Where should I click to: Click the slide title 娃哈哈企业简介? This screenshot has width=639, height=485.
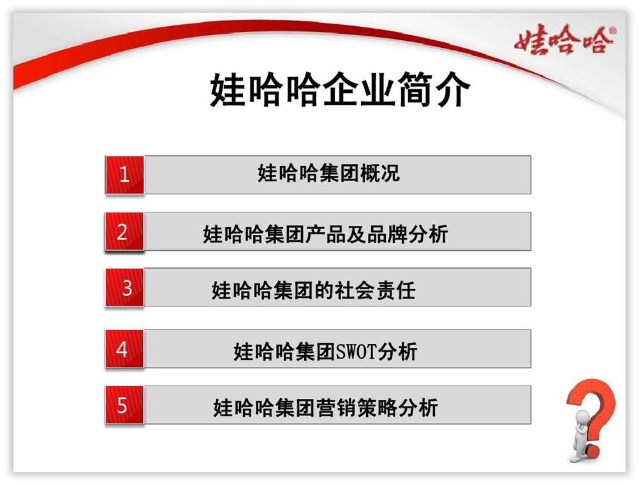339,91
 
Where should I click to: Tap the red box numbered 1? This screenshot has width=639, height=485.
125,174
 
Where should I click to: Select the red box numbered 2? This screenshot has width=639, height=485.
123,232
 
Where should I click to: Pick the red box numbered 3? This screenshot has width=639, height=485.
126,288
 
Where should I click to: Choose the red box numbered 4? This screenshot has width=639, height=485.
122,349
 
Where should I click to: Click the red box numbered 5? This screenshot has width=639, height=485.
123,405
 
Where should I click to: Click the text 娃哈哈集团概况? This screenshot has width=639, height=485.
328,173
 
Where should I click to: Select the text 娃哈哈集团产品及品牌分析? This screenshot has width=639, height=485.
325,234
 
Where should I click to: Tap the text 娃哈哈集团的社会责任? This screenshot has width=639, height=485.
313,290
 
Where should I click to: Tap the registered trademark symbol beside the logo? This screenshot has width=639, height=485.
613,30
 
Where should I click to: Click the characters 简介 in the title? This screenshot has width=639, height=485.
437,91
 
